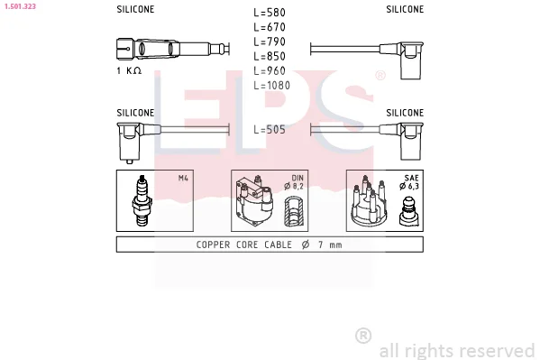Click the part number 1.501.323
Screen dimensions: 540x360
pyautogui.click(x=20, y=6)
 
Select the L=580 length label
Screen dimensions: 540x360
pyautogui.click(x=270, y=13)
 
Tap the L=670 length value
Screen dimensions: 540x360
pyautogui.click(x=270, y=27)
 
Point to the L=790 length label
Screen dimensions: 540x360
pyautogui.click(x=270, y=42)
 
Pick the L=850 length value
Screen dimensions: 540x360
pyautogui.click(x=270, y=56)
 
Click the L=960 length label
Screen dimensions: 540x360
pyautogui.click(x=270, y=70)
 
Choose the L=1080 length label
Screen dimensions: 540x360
pyautogui.click(x=271, y=85)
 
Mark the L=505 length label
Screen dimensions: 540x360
pyautogui.click(x=270, y=130)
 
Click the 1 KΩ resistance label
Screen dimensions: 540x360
pyautogui.click(x=129, y=70)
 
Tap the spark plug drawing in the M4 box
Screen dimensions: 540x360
pyautogui.click(x=142, y=200)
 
